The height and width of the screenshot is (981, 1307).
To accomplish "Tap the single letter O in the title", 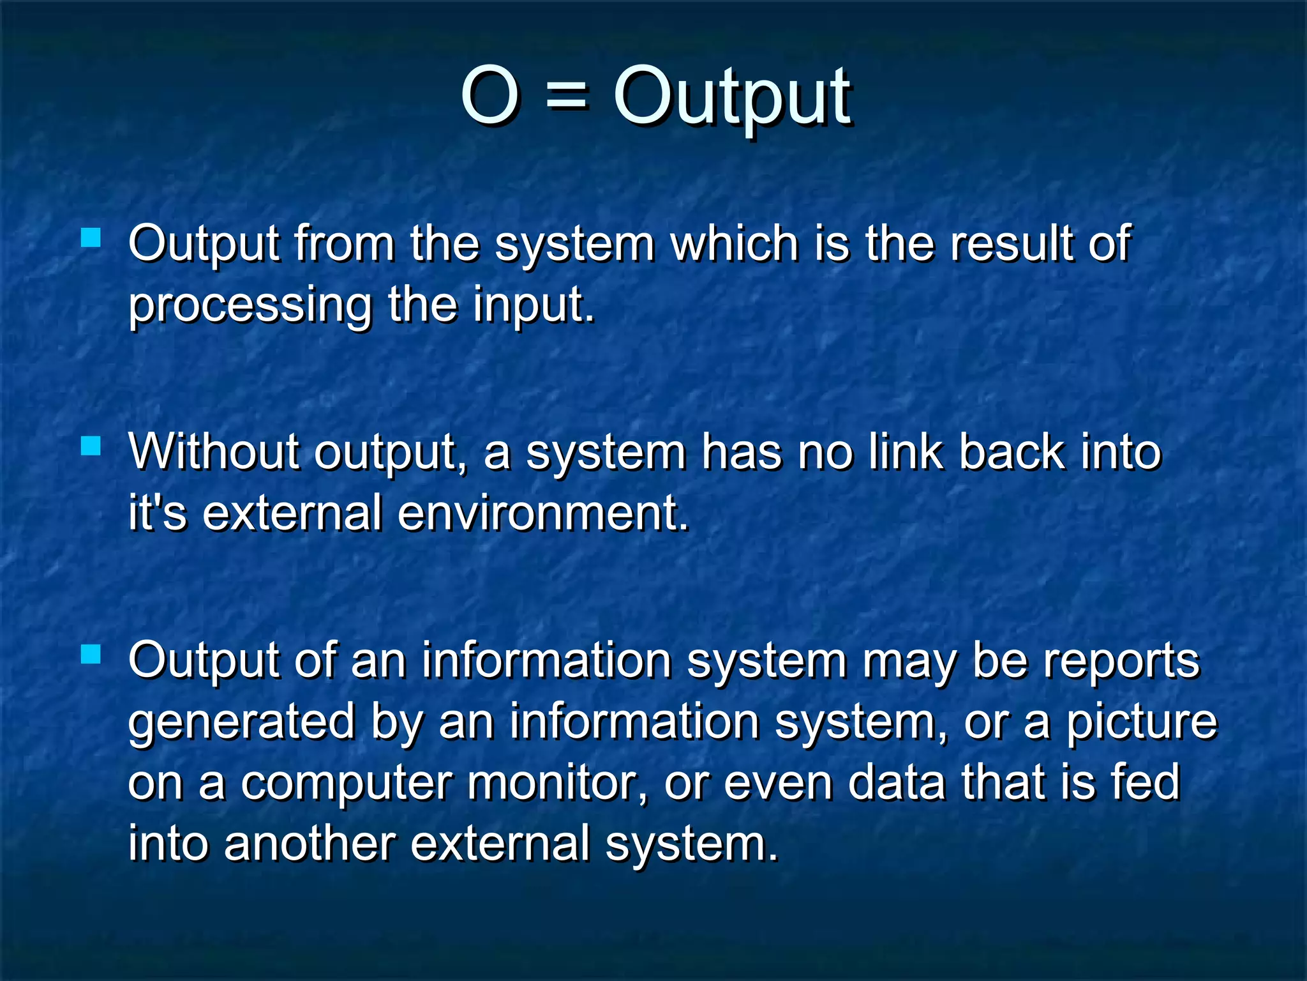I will click(489, 97).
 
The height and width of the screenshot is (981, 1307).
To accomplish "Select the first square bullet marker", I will click(91, 238).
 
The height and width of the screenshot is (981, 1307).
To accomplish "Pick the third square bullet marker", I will click(91, 654).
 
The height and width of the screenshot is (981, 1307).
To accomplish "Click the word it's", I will click(158, 513).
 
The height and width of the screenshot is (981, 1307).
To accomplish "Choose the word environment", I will click(543, 513).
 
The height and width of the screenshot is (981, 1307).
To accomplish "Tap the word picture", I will click(1142, 722).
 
